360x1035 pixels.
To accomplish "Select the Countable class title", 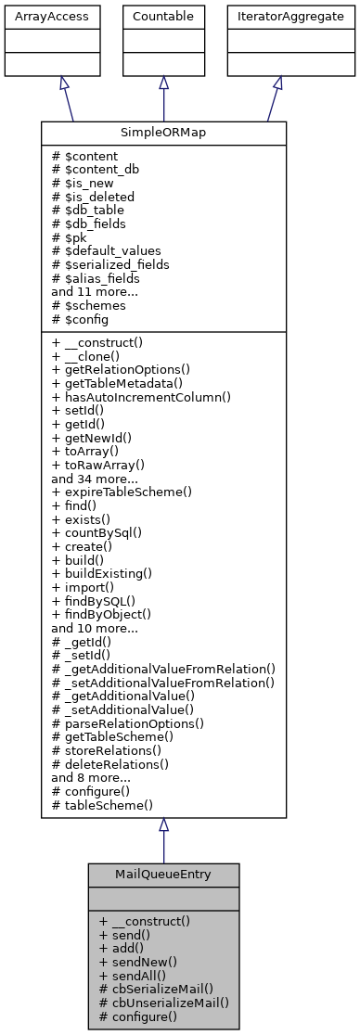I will click(x=163, y=17).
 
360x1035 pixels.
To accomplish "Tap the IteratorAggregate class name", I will click(x=277, y=17).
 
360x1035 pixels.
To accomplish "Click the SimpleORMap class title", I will click(x=163, y=134).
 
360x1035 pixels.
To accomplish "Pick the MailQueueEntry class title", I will click(x=163, y=875).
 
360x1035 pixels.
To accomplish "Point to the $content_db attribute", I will click(x=98, y=171).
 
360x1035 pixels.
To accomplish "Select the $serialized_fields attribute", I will click(x=115, y=263).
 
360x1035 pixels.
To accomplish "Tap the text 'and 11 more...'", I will click(x=95, y=290).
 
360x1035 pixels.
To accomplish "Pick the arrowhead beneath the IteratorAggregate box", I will click(x=277, y=83).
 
